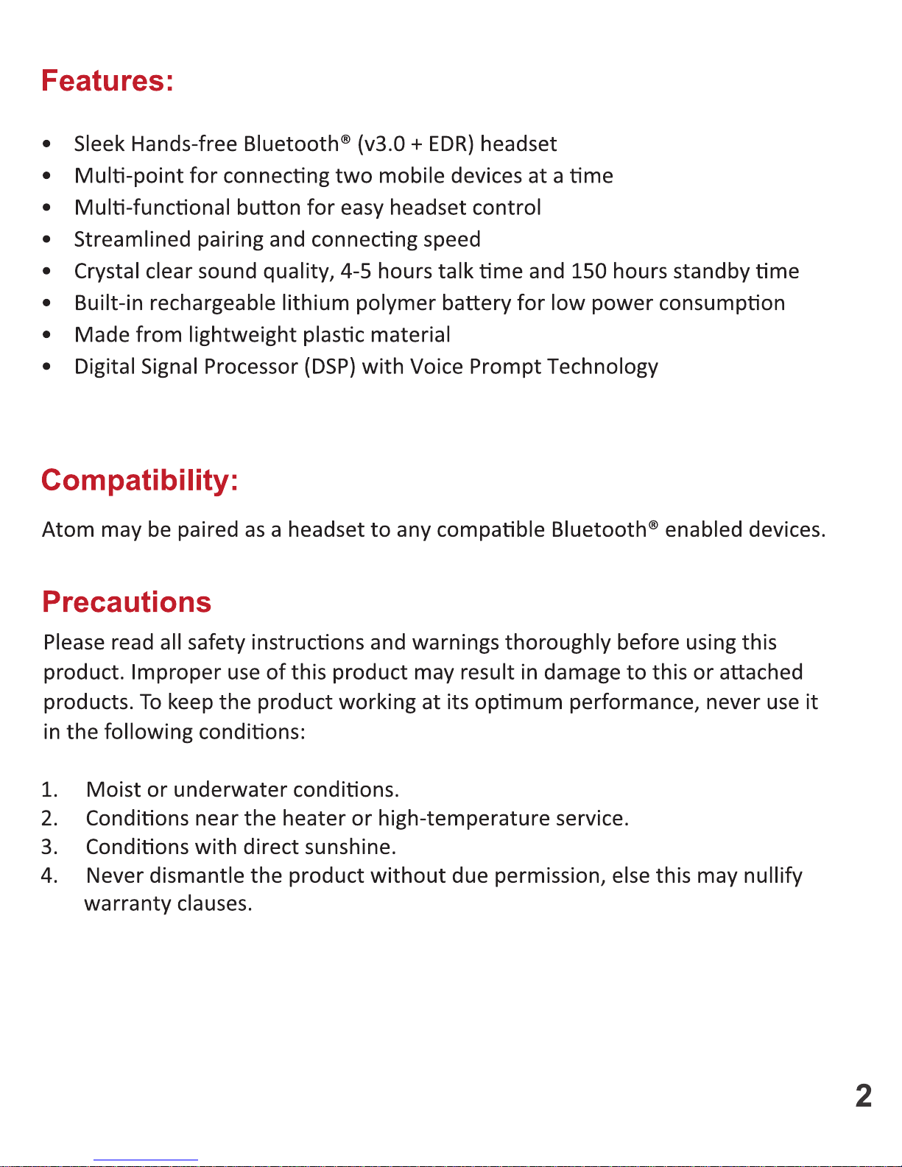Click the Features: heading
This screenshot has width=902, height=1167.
pos(108,81)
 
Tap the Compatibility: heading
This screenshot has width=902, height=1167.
pos(140,480)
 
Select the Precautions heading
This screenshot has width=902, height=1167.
pos(127,602)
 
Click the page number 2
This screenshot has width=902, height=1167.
pos(864,1096)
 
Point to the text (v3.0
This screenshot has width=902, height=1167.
pos(381,144)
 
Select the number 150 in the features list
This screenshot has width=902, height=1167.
pos(588,271)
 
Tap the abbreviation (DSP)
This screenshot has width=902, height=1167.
pos(330,367)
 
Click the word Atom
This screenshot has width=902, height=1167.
pos(68,529)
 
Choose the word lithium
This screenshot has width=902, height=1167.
pos(315,303)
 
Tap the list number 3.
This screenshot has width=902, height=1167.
pos(49,847)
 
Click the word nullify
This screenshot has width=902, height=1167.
pos(772,875)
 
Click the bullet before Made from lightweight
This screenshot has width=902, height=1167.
pos(47,335)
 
